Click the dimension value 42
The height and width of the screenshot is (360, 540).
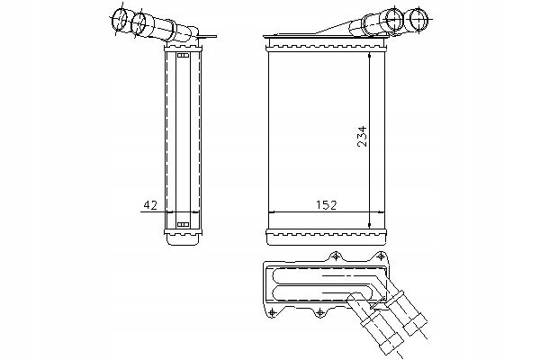pyautogui.click(x=150, y=205)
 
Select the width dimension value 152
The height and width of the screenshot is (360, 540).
pyautogui.click(x=326, y=205)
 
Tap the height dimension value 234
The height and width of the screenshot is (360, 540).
pyautogui.click(x=363, y=137)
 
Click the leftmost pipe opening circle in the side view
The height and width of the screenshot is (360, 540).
pyautogui.click(x=119, y=20)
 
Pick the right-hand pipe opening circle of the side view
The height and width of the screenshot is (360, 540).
pyautogui.click(x=139, y=23)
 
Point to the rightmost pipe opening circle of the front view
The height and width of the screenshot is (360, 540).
pyautogui.click(x=418, y=18)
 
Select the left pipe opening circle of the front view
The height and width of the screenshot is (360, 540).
pyautogui.click(x=395, y=19)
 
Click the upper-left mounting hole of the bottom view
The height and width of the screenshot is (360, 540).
pyautogui.click(x=336, y=256)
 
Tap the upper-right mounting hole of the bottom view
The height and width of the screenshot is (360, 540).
pyautogui.click(x=381, y=256)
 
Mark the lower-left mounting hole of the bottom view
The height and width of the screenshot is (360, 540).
pyautogui.click(x=272, y=312)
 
